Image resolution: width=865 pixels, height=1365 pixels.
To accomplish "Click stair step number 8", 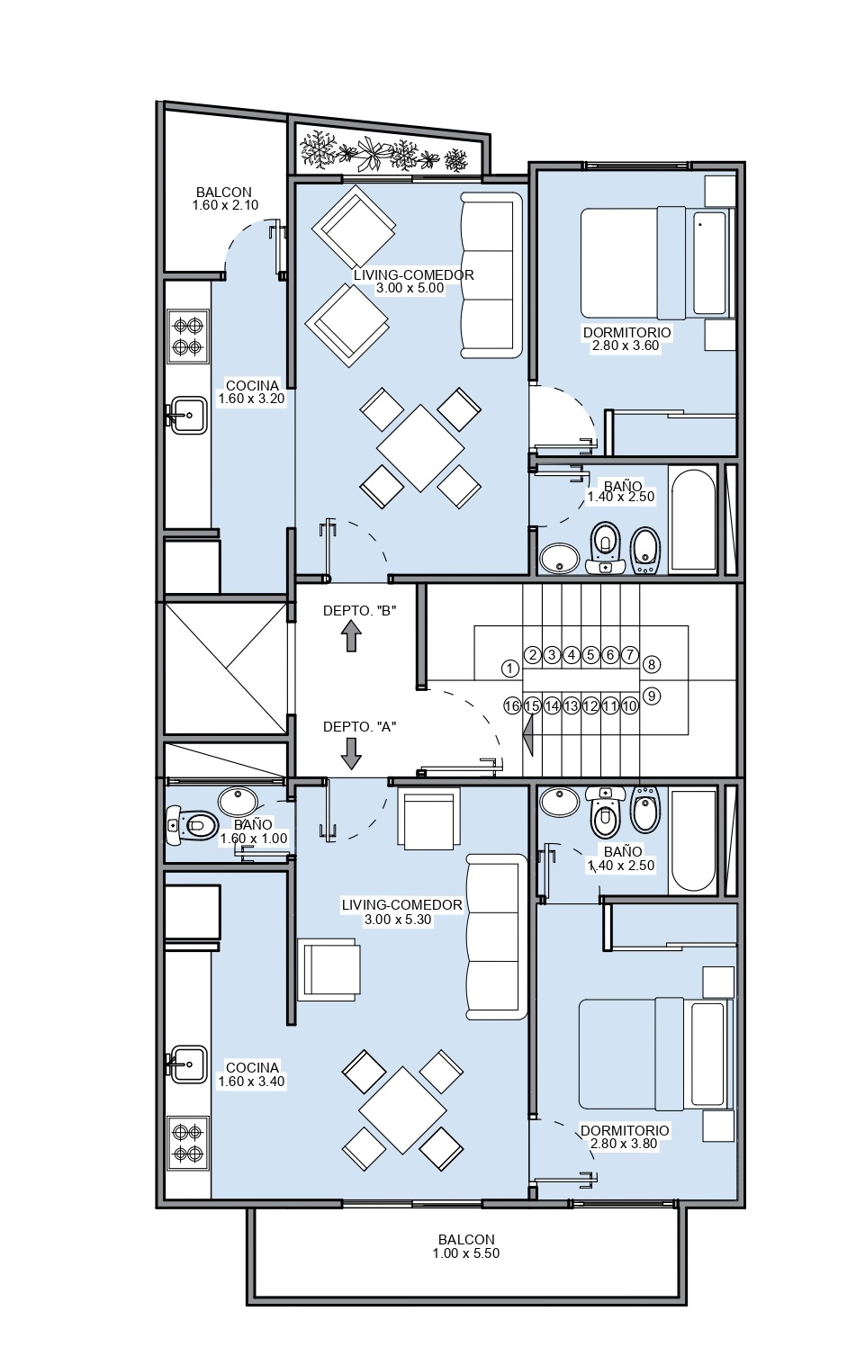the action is (652, 664).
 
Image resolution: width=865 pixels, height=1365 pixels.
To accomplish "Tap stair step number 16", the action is (512, 706).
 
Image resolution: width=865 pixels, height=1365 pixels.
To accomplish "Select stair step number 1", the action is (509, 669).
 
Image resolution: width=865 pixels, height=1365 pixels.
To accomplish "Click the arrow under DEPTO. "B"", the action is (350, 636).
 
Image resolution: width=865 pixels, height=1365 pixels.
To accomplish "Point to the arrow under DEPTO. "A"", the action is (350, 754).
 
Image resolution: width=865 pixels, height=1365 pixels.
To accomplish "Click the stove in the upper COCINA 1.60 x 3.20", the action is (188, 337).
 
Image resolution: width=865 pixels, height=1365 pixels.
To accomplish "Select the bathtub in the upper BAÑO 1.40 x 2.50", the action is (693, 520).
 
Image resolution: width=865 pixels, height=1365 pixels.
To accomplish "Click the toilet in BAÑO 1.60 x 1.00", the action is (192, 826).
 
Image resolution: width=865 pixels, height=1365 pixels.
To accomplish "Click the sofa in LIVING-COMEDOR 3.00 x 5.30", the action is (496, 937).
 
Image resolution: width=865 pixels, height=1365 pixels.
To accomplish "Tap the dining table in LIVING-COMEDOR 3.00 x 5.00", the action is (420, 448).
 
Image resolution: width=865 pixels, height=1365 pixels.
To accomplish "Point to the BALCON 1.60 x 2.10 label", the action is (224, 199).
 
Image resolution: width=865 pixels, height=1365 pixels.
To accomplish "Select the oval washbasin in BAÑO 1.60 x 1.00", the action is (239, 802).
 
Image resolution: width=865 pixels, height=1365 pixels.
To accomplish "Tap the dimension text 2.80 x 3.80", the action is (624, 1144).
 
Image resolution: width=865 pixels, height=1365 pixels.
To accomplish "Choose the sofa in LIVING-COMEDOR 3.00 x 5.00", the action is (491, 274).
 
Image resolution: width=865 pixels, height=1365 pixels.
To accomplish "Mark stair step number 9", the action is (652, 696).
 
